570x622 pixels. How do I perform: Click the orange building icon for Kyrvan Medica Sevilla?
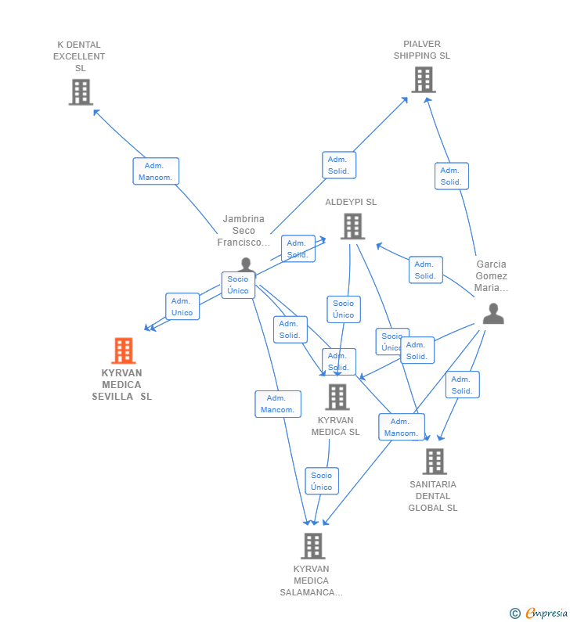[123, 351]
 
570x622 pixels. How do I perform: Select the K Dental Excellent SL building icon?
[81, 92]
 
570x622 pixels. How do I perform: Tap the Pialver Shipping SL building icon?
[423, 80]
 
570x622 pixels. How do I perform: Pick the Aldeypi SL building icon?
[352, 226]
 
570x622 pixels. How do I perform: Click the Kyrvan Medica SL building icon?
[337, 397]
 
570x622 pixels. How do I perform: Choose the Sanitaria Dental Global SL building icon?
[435, 461]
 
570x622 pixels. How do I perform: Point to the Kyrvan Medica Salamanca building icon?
[312, 545]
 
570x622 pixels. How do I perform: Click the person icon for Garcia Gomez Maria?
[492, 314]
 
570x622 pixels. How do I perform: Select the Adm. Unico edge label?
[182, 307]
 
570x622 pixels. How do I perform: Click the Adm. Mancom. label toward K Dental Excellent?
[156, 171]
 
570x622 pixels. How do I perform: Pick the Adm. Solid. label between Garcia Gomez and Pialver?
[451, 176]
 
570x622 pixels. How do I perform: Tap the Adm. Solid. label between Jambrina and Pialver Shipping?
[339, 165]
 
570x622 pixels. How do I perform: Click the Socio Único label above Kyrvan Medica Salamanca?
[322, 481]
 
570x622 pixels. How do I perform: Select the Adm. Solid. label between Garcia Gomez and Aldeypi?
[425, 270]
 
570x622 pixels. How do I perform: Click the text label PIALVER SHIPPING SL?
[422, 50]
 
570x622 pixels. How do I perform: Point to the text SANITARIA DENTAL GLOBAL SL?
[433, 496]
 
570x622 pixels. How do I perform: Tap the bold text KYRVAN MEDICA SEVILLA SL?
[122, 384]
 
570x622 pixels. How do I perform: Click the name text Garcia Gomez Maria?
[492, 275]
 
